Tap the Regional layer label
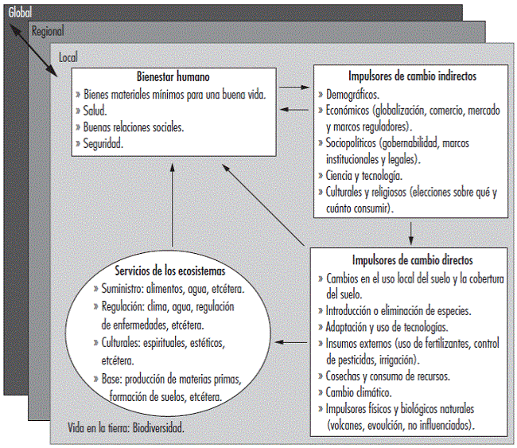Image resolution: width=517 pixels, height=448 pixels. pyautogui.click(x=47, y=32)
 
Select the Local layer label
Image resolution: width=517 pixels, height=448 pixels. pyautogui.click(x=69, y=58)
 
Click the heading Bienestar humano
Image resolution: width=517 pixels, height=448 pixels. pyautogui.click(x=173, y=78)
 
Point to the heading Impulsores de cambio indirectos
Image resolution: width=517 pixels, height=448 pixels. pyautogui.click(x=412, y=78)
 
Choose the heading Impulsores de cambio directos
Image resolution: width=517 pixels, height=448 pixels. pyautogui.click(x=412, y=260)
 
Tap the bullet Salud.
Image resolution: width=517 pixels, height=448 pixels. pyautogui.click(x=96, y=111)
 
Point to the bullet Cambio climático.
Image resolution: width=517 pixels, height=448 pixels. pyautogui.click(x=360, y=392)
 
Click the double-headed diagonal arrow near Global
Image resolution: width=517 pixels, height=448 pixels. pyautogui.click(x=33, y=49)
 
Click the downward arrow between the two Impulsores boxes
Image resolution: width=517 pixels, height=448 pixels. pyautogui.click(x=411, y=232)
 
